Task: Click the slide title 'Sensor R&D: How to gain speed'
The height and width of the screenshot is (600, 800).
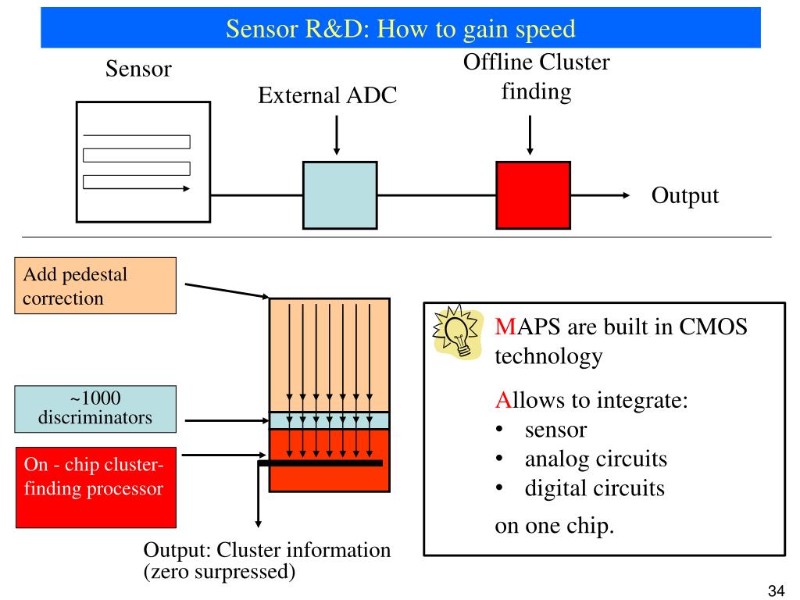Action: pyautogui.click(x=400, y=29)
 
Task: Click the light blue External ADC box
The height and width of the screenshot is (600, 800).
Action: pyautogui.click(x=340, y=195)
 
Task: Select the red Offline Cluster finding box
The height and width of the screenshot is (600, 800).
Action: pyautogui.click(x=533, y=195)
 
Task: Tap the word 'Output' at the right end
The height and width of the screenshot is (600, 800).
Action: pyautogui.click(x=684, y=195)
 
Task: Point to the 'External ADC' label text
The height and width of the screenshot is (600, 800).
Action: pyautogui.click(x=327, y=96)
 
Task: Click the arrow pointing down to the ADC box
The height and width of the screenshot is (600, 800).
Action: pyautogui.click(x=337, y=136)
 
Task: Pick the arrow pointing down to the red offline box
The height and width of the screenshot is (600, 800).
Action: pyautogui.click(x=530, y=136)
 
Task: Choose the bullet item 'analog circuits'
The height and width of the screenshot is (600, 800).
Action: pyautogui.click(x=595, y=459)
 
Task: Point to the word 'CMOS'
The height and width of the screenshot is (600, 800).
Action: pyautogui.click(x=712, y=327)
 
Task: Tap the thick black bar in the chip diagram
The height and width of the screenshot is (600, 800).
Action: pyautogui.click(x=320, y=463)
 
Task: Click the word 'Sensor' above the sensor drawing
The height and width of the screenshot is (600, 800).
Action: pyautogui.click(x=138, y=70)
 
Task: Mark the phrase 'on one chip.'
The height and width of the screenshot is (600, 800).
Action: pyautogui.click(x=555, y=525)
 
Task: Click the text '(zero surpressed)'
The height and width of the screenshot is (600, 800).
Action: pyautogui.click(x=220, y=571)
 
